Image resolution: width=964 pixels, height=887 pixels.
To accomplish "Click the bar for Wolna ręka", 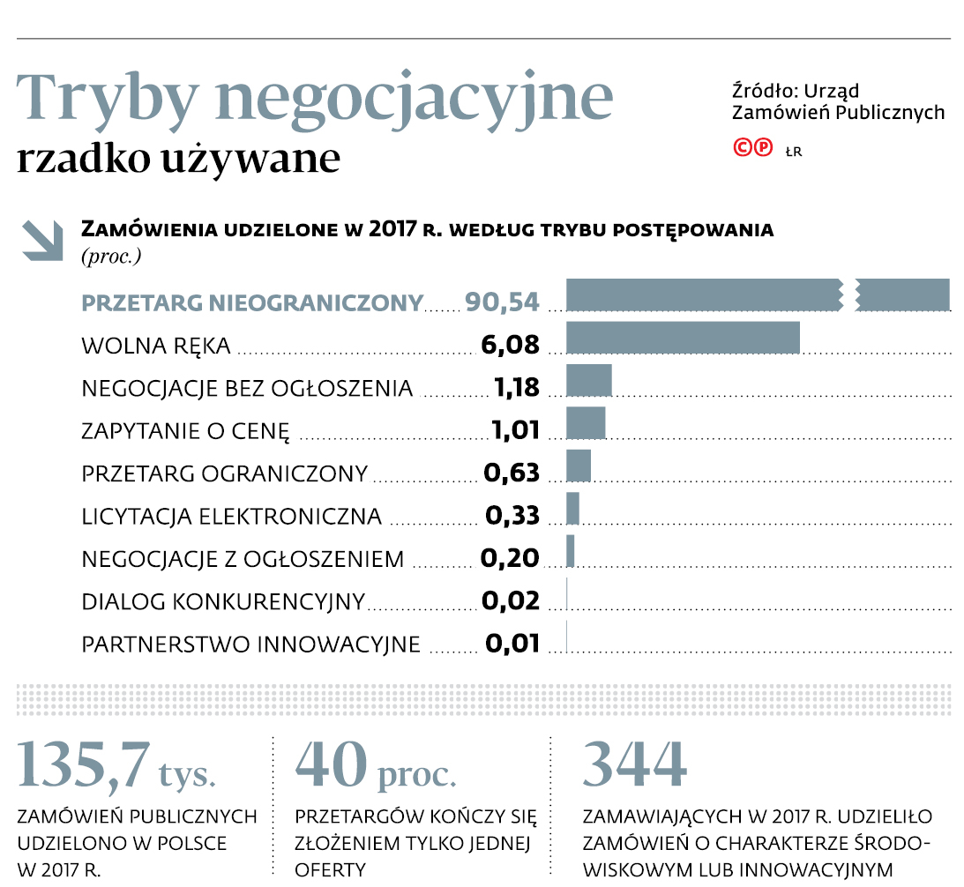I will (x=683, y=338).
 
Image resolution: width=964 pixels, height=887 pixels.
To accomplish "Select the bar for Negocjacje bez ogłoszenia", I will (x=588, y=381).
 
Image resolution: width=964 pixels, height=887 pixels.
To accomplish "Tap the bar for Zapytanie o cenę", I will (x=586, y=423).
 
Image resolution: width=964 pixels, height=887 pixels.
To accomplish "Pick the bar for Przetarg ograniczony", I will (x=578, y=466).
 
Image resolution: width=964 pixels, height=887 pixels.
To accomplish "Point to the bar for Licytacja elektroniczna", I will (x=572, y=508).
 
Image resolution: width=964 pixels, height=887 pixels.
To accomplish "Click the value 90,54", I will (x=502, y=302).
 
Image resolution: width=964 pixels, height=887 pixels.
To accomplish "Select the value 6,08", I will (x=510, y=345).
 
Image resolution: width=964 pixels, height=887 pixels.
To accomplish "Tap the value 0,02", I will (x=510, y=601).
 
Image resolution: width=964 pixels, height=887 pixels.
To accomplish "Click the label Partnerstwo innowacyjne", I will (x=251, y=645).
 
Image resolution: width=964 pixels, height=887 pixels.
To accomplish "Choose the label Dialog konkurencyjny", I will (x=223, y=602).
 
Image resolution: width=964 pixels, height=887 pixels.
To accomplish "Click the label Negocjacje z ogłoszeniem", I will (x=243, y=559).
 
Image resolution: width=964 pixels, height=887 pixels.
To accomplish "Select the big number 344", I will (x=634, y=764).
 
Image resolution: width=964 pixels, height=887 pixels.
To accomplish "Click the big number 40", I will (x=330, y=764).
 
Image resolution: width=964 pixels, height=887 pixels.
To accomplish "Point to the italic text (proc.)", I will (x=111, y=257).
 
